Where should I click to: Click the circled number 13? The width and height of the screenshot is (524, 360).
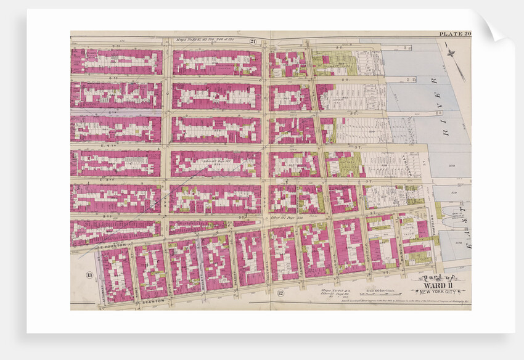coord(89,275)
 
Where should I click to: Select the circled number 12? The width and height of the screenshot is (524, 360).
coord(280,293)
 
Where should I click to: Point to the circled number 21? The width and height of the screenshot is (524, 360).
coord(253,41)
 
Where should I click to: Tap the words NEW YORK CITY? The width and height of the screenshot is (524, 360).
coord(438,292)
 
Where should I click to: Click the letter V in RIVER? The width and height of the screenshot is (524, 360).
coord(440,105)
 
